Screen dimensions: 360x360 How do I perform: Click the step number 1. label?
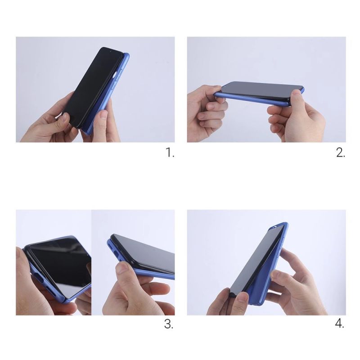tap(170, 153)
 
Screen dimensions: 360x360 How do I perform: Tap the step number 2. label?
tap(341, 153)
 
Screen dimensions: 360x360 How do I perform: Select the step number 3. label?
tap(169, 324)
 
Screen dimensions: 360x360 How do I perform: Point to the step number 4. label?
tap(340, 324)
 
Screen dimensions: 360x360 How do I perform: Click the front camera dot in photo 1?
tap(110, 51)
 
